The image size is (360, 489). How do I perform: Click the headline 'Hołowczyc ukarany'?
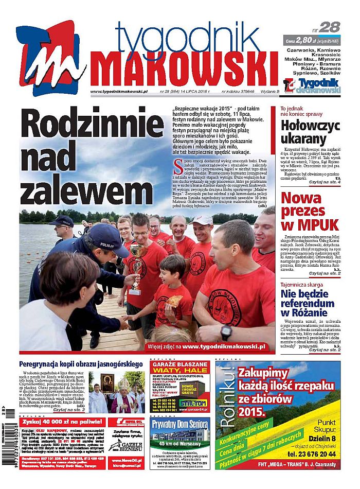pyautogui.click(x=310, y=132)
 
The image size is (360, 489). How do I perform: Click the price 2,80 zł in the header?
pyautogui.click(x=307, y=40)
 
